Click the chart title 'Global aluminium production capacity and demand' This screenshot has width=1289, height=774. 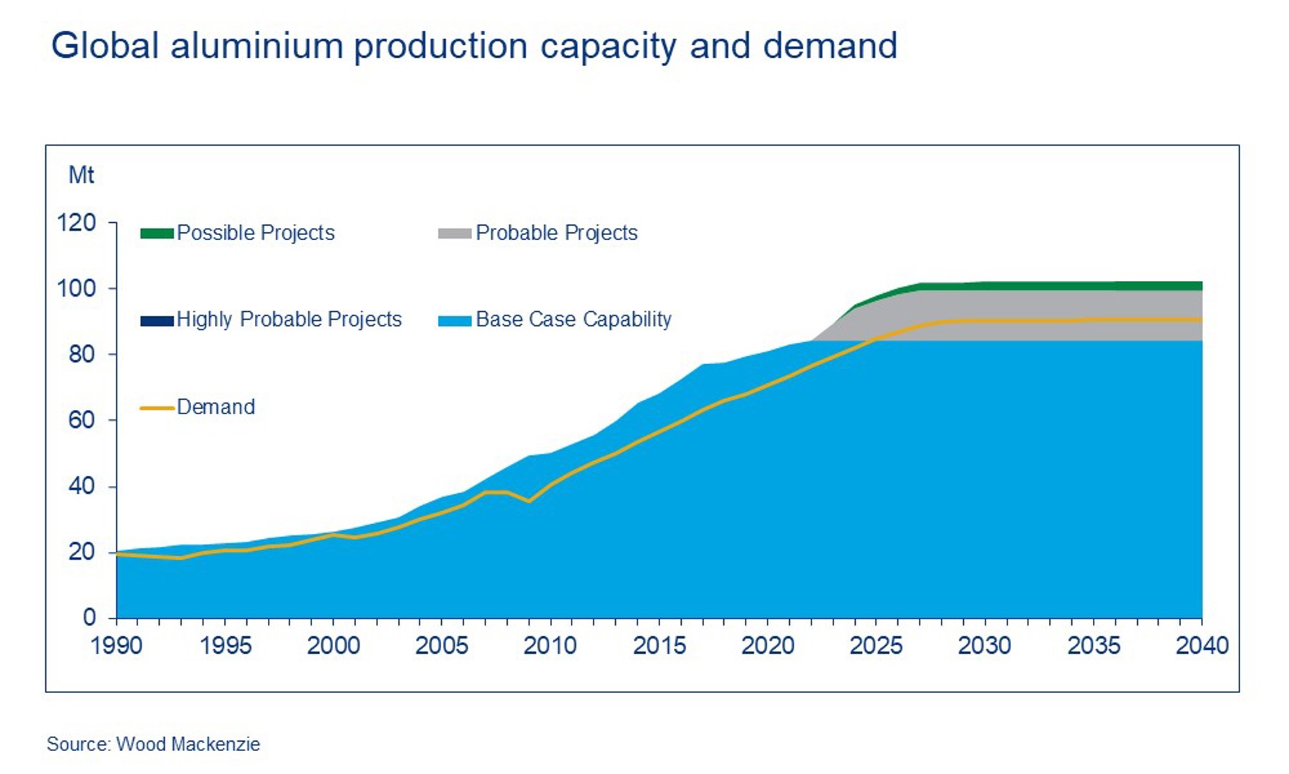point(473,46)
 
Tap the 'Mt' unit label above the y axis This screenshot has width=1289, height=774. point(81,175)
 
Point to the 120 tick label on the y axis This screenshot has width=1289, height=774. point(76,223)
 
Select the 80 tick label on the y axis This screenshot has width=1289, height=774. point(82,354)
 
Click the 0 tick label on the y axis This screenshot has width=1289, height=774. point(89,617)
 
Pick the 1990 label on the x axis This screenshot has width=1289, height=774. point(116,646)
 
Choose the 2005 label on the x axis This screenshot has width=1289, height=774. point(442,646)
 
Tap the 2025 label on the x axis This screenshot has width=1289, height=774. point(876,646)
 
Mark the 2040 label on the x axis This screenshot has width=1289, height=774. point(1202,646)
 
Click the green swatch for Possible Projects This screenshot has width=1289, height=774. point(157,234)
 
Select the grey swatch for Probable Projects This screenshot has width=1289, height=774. point(455,234)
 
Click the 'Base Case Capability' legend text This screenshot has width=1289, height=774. point(574,320)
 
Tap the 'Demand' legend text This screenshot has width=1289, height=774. point(216,407)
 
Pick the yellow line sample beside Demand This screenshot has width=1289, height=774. point(157,408)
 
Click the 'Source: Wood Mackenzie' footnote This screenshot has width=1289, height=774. point(153,744)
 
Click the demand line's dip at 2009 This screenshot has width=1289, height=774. point(528,501)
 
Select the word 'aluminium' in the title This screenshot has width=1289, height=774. point(256,46)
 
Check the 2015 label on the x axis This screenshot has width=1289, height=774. point(659,646)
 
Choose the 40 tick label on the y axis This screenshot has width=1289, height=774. point(82,486)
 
